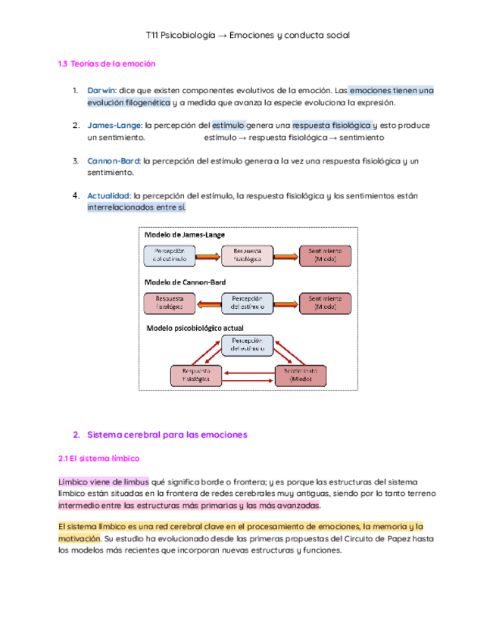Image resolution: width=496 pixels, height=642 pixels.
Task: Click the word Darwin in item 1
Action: pos(101,91)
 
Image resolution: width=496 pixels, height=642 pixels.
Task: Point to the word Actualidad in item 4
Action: pos(108,195)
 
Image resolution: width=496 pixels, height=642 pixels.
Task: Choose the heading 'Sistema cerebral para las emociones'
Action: pos(167,435)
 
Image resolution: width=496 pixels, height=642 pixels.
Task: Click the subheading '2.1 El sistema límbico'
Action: pos(98,459)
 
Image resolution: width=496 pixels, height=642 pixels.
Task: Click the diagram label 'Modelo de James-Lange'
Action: pos(184,236)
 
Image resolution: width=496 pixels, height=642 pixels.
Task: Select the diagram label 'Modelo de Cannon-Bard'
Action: pos(186,282)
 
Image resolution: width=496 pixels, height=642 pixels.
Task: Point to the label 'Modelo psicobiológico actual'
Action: pos(195,328)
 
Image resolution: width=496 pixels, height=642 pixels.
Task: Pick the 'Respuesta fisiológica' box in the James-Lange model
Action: pos(248,255)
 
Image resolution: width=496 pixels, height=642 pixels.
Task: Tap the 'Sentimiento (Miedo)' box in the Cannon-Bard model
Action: pos(326,303)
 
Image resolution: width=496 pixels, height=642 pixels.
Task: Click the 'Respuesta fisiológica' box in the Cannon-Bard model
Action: pos(170,303)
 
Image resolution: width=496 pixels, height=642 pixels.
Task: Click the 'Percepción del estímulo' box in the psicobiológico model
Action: pos(248,346)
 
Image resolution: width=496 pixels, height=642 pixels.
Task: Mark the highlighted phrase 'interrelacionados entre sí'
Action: pos(136,207)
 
